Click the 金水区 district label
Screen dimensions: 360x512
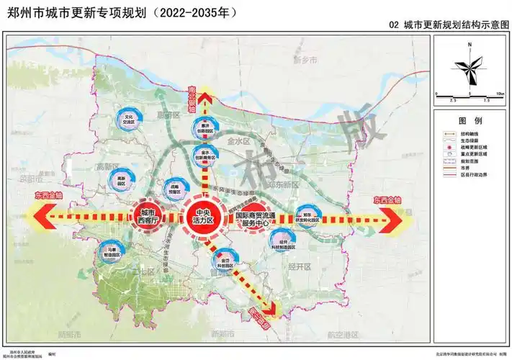[x=237, y=142]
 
